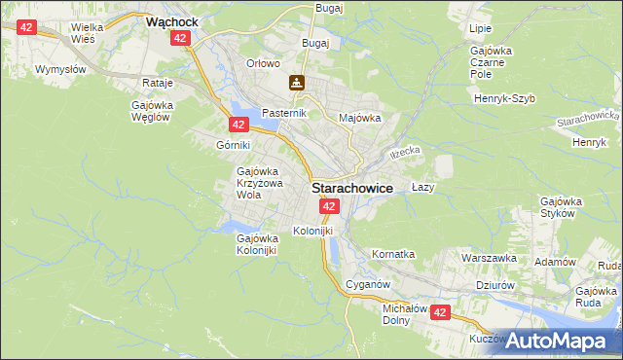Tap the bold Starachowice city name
click(x=352, y=190)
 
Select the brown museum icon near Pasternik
click(x=295, y=84)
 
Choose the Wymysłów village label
click(x=60, y=69)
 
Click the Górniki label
click(x=234, y=145)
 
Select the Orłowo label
click(x=263, y=64)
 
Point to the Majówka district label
click(x=358, y=119)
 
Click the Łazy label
click(x=421, y=186)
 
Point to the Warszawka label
click(x=488, y=259)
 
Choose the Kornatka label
click(x=392, y=254)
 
